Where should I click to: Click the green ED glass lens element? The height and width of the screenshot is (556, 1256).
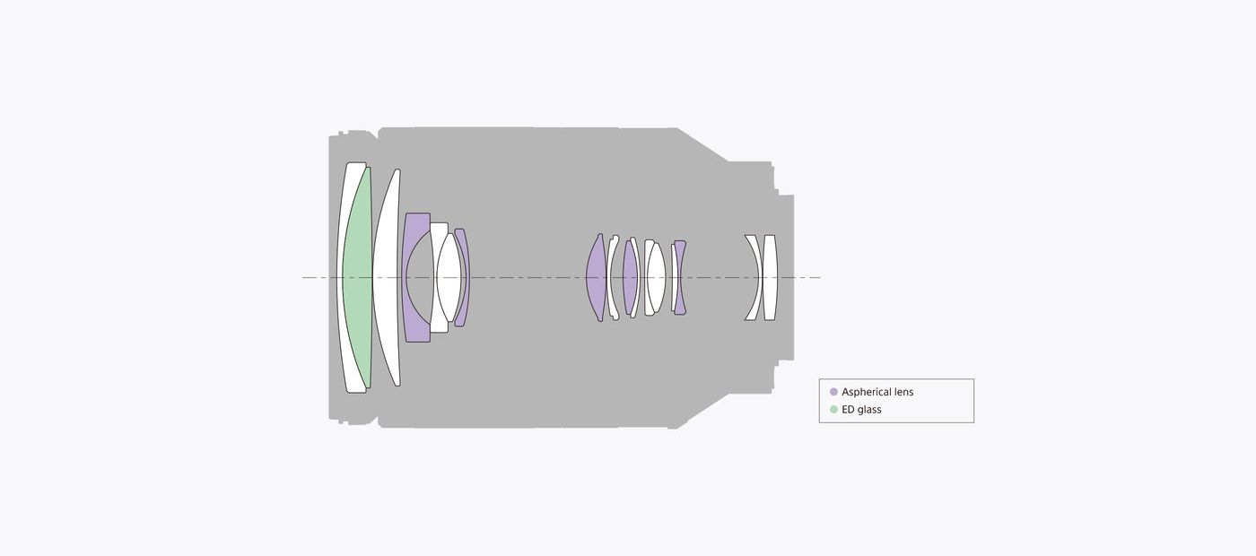pyautogui.click(x=358, y=277)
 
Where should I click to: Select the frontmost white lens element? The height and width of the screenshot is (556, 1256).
pyautogui.click(x=341, y=277)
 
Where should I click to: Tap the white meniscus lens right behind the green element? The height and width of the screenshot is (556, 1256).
pyautogui.click(x=386, y=277)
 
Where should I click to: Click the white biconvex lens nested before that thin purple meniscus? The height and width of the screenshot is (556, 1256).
pyautogui.click(x=449, y=277)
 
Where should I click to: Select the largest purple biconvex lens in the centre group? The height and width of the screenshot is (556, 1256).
pyautogui.click(x=597, y=277)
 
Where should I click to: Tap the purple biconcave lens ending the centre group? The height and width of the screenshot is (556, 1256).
pyautogui.click(x=680, y=277)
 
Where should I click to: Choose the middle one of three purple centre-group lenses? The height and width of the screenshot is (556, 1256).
pyautogui.click(x=630, y=277)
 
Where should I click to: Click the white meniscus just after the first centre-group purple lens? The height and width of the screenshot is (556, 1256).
pyautogui.click(x=612, y=277)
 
